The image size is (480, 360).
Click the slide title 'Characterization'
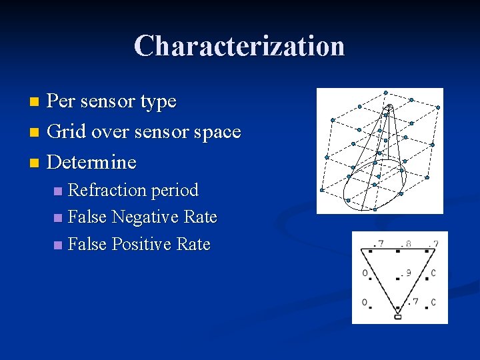(x=239, y=46)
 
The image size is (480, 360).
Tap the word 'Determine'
(x=92, y=162)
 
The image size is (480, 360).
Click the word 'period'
(x=175, y=191)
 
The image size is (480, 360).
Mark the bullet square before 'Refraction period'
(x=59, y=191)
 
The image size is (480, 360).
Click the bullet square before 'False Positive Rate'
(x=59, y=245)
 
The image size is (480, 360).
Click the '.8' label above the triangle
(x=406, y=243)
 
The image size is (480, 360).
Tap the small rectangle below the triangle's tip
(x=398, y=316)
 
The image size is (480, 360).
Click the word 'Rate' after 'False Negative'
(x=202, y=217)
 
